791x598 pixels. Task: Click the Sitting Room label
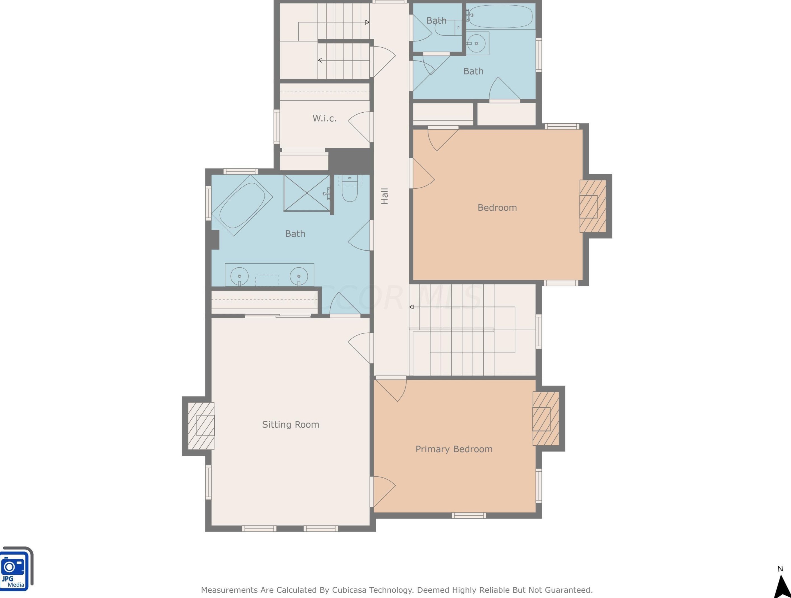(x=290, y=425)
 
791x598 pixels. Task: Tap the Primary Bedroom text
(x=454, y=449)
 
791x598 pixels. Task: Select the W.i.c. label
(x=324, y=118)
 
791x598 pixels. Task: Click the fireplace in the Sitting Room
(x=201, y=426)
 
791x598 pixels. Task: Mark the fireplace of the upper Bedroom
(x=593, y=206)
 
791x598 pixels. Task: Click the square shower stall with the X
(x=307, y=193)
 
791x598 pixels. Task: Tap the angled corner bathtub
(x=242, y=205)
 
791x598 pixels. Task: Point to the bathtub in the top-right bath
(x=500, y=16)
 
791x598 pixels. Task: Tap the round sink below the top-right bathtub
(x=476, y=43)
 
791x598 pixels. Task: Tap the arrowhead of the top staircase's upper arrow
(x=367, y=22)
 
